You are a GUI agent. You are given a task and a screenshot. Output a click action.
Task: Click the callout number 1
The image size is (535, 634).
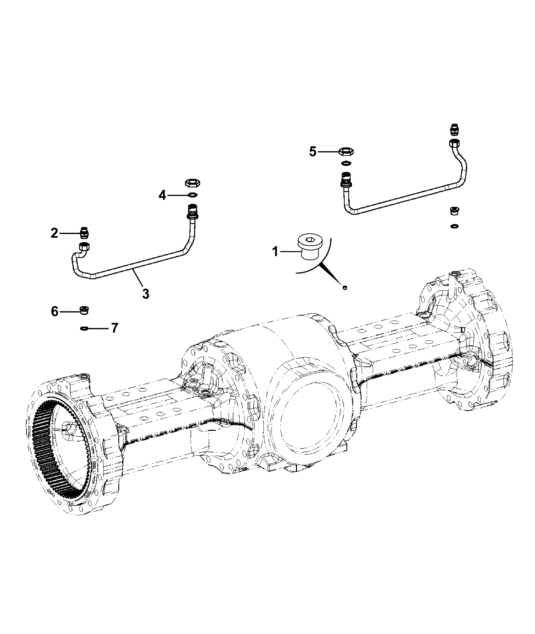coord(275,251)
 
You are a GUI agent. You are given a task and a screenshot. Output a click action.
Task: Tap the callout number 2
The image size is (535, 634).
coord(54,233)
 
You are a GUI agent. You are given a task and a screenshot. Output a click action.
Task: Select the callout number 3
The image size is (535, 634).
coord(145,294)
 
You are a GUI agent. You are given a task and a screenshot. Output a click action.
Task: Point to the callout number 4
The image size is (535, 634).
coord(162,195)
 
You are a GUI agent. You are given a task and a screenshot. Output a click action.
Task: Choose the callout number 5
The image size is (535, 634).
coord(312,152)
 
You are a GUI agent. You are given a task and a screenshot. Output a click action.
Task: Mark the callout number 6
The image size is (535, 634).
coord(55,311)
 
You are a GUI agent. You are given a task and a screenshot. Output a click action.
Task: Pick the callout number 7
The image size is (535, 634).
coord(115,328)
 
